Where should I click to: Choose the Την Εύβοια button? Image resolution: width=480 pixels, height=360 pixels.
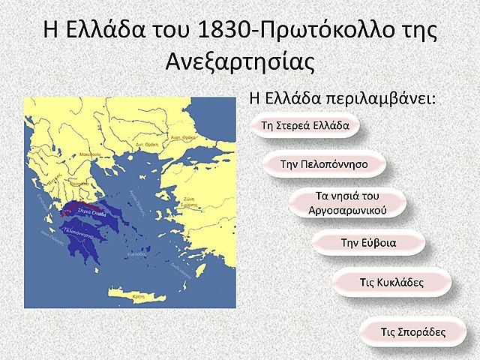[368, 242]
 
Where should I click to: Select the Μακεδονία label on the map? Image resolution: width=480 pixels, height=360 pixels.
[90, 154]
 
